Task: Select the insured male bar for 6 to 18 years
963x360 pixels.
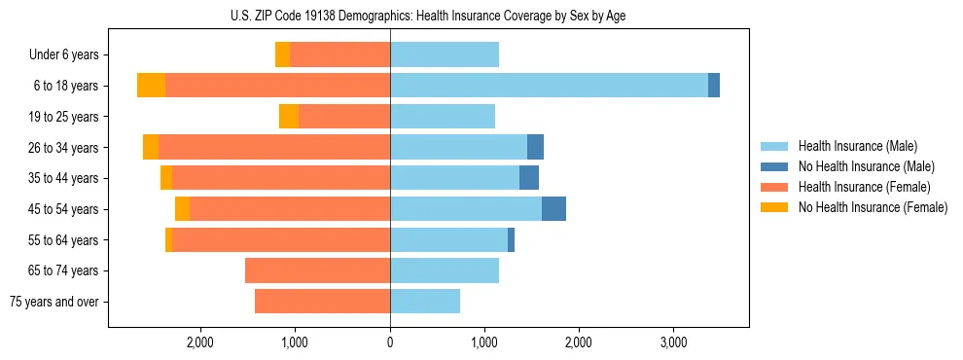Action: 549,86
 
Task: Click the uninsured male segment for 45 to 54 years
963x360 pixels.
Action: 553,208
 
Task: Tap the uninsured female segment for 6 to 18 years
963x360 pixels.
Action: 151,86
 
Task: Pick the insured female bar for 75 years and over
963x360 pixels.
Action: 322,302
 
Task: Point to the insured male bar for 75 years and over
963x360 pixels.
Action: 425,302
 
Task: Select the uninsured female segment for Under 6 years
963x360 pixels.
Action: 282,54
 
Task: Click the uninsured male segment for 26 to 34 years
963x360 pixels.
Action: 535,147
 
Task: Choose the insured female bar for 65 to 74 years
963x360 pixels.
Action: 317,270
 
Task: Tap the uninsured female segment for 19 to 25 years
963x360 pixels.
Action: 289,117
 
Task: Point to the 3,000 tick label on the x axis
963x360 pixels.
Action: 673,343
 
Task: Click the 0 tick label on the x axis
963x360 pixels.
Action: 390,343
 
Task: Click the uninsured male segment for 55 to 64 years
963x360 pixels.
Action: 511,239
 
